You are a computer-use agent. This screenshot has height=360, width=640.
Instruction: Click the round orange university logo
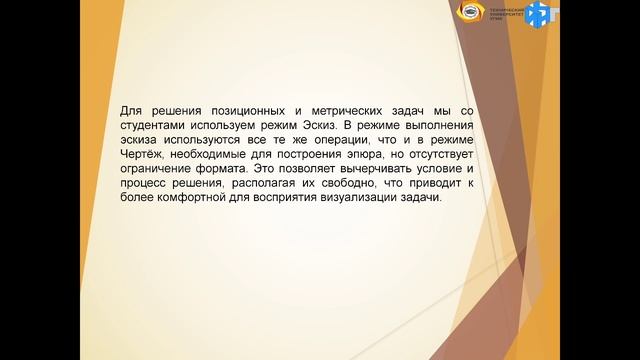point(467,13)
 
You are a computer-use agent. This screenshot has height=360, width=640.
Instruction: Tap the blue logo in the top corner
point(538,14)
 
